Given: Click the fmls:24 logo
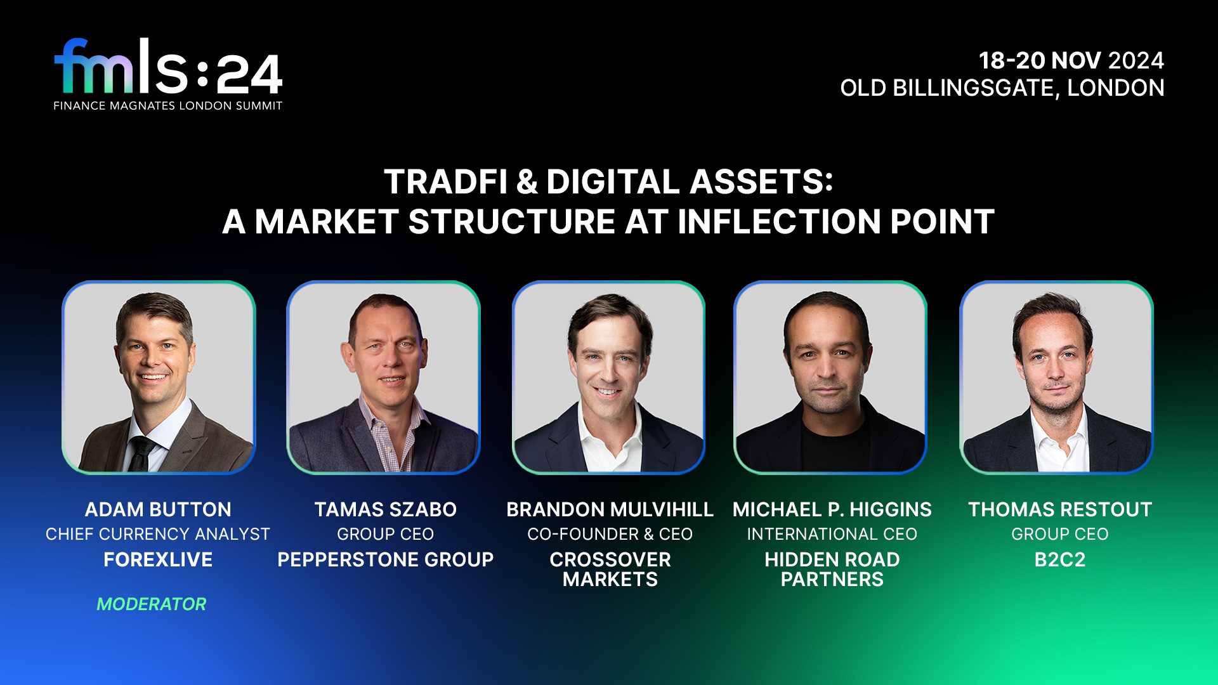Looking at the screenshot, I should point(168,68).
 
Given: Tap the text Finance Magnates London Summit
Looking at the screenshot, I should point(168,106).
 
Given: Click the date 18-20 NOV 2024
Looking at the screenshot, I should point(1071,61).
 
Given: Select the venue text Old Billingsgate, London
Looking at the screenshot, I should point(1002,88).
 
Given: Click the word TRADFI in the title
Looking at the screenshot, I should point(445,182).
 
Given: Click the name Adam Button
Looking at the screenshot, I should point(158,509).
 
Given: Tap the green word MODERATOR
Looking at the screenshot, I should point(152,604).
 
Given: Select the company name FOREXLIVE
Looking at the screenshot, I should point(158,559).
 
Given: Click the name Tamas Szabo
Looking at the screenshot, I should point(385,509).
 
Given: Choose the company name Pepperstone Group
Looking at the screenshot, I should point(385,559).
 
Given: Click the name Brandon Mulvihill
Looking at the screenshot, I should point(610,509).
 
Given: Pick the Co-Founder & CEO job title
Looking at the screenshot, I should point(610,534).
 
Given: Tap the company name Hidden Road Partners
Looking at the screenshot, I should point(832,569).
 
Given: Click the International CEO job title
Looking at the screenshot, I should point(832,534).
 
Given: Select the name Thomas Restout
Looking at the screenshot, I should point(1059,509).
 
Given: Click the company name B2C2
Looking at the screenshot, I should point(1059,559).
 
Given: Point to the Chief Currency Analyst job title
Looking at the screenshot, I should point(158,534).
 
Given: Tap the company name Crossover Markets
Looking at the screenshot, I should point(610,569).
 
